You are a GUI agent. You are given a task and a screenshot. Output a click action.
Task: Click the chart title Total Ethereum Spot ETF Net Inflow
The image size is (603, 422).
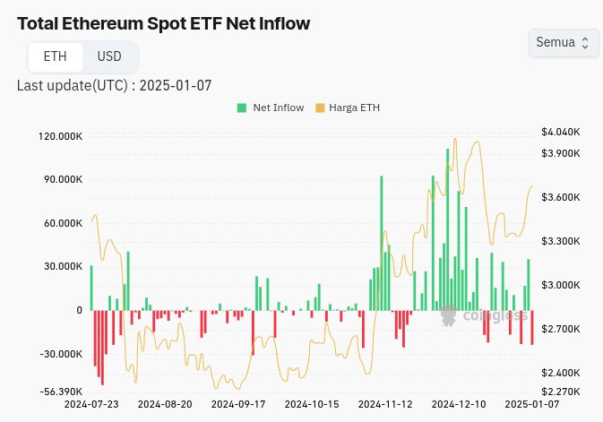163,23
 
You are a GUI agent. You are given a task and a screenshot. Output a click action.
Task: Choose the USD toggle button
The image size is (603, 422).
109,56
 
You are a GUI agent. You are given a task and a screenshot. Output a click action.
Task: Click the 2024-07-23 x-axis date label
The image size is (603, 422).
91,405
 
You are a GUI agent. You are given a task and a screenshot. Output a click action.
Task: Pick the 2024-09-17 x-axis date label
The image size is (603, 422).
238,405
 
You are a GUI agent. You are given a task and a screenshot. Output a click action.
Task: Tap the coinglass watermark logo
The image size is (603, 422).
484,314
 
